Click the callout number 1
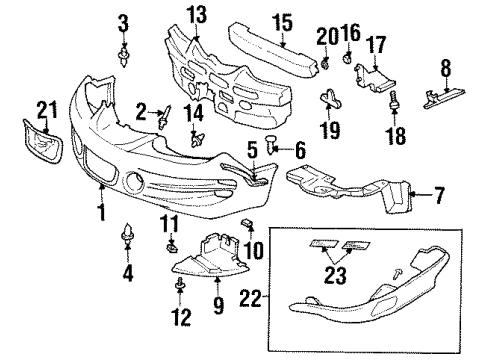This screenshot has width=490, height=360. pyautogui.click(x=101, y=211)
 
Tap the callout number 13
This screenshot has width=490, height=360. pyautogui.click(x=194, y=14)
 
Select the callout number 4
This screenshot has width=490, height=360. pyautogui.click(x=127, y=270)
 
